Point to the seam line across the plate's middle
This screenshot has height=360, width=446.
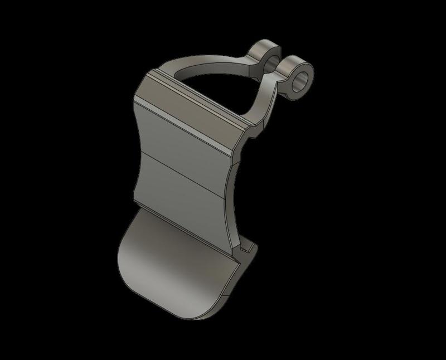[184, 170]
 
